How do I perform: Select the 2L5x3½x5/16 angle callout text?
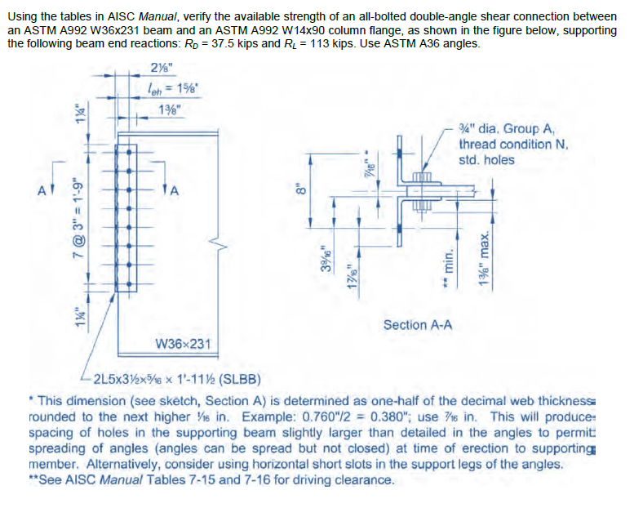click(x=163, y=379)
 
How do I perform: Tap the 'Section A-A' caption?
click(x=418, y=325)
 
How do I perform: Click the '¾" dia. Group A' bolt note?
click(x=507, y=129)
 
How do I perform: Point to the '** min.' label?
click(x=448, y=259)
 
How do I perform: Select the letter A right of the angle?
click(x=173, y=191)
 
